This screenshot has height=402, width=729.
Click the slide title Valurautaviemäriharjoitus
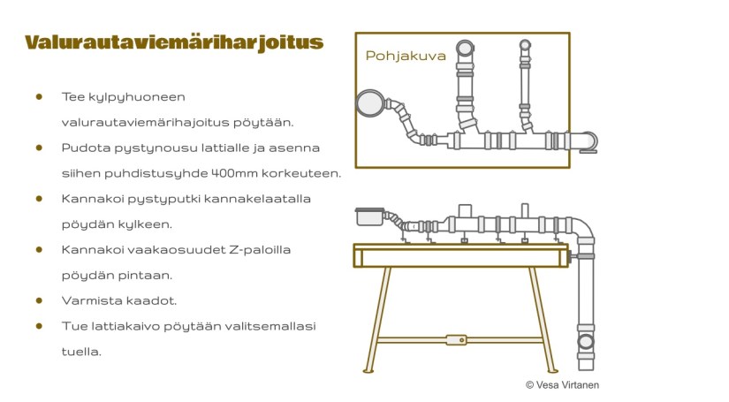tap(174, 42)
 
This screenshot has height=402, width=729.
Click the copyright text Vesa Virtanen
tap(563, 384)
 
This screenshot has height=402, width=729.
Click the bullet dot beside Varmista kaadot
tap(39, 300)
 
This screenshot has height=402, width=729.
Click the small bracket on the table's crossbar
tap(456, 339)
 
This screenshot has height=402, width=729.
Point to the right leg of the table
tap(542, 317)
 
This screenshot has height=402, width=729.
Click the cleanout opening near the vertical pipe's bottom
tap(585, 342)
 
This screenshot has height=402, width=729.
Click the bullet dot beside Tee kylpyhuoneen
tap(39, 95)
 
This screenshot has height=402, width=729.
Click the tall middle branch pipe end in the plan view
tap(465, 48)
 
